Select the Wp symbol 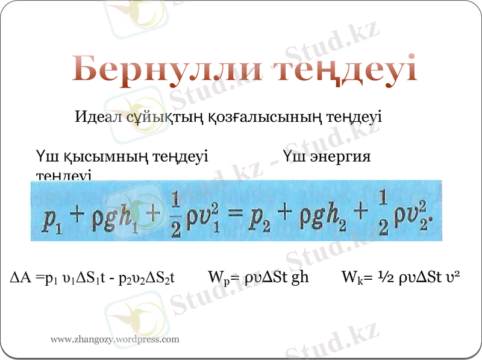click(216, 278)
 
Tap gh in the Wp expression click(299, 278)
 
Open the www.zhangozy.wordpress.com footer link click(114, 339)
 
